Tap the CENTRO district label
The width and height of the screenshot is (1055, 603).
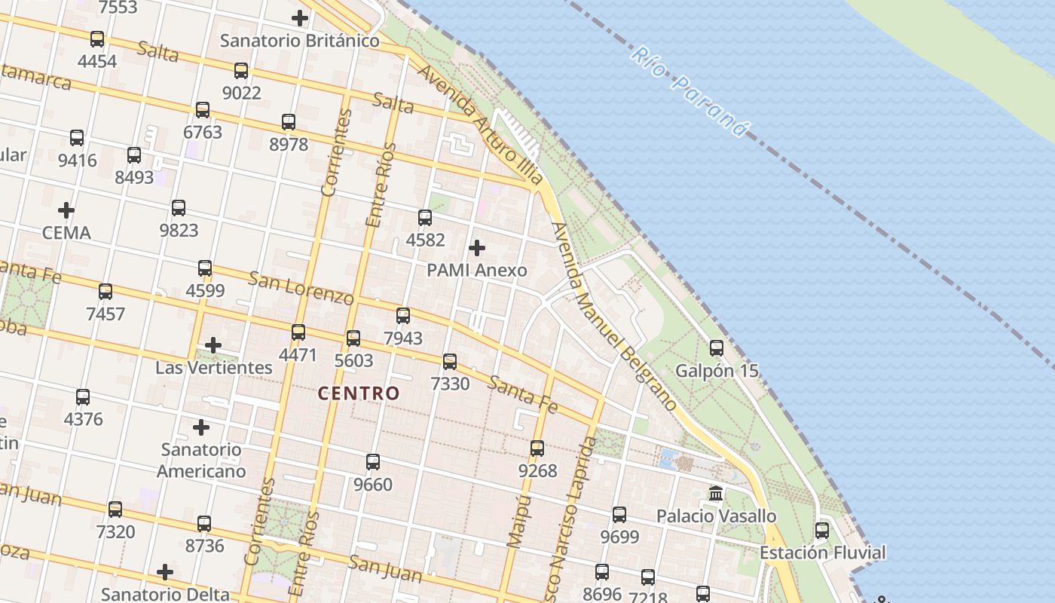(358, 393)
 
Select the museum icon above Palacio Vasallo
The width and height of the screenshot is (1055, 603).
(716, 494)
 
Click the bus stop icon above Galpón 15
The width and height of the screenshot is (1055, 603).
(717, 348)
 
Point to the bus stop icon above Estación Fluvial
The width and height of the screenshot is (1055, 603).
(822, 531)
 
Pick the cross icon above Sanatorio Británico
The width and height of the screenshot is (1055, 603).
(300, 18)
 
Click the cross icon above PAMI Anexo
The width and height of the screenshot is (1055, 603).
(477, 247)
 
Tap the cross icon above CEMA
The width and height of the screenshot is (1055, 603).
(66, 210)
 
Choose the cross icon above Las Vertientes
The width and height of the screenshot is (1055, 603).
(213, 345)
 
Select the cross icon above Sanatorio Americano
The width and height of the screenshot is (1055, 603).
(201, 427)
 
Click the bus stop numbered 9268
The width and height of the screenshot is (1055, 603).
(537, 448)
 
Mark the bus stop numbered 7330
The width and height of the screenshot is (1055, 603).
(450, 362)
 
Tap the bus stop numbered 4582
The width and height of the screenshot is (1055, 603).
(425, 218)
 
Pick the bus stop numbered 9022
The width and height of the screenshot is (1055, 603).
(241, 71)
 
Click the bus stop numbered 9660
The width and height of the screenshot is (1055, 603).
(373, 462)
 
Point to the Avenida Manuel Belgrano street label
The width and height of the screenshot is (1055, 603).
(613, 317)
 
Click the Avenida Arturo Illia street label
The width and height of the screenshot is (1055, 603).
(480, 124)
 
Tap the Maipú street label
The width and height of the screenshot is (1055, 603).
(516, 519)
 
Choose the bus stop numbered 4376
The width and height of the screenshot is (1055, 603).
(83, 397)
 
